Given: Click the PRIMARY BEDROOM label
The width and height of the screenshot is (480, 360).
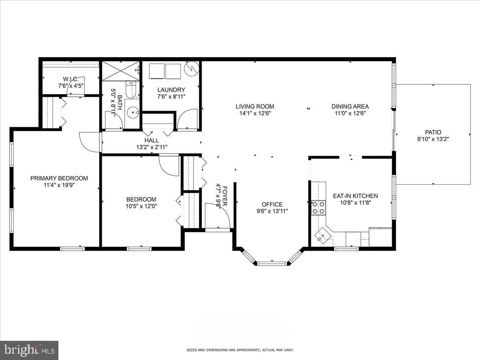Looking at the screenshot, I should pos(59,178).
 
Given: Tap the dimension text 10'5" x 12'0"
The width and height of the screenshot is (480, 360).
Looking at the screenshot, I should pos(141,206).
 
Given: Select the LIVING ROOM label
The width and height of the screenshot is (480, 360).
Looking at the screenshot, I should pos(255,106).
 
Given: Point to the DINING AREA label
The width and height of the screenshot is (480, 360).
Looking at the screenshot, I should pos(350,106).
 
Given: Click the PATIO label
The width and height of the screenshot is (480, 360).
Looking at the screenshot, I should pos(433,132).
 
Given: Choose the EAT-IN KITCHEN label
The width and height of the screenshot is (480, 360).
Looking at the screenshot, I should pos(355,196).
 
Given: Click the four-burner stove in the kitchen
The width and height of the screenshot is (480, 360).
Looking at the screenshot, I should pos(318,208).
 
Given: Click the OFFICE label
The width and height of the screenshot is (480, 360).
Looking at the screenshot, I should pos(272,204).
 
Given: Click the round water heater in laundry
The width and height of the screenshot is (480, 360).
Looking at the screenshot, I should pos(191,69).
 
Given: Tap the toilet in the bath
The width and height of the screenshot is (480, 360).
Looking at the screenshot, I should pos(131,89).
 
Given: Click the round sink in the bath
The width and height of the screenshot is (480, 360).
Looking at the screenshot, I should pos(132,113).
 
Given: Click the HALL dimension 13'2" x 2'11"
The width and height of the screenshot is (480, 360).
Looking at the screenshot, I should pos(152,147).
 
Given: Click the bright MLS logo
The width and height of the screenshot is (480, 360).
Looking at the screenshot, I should pos(29,350).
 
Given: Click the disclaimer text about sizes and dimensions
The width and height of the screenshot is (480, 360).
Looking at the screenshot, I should pos(240,350).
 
